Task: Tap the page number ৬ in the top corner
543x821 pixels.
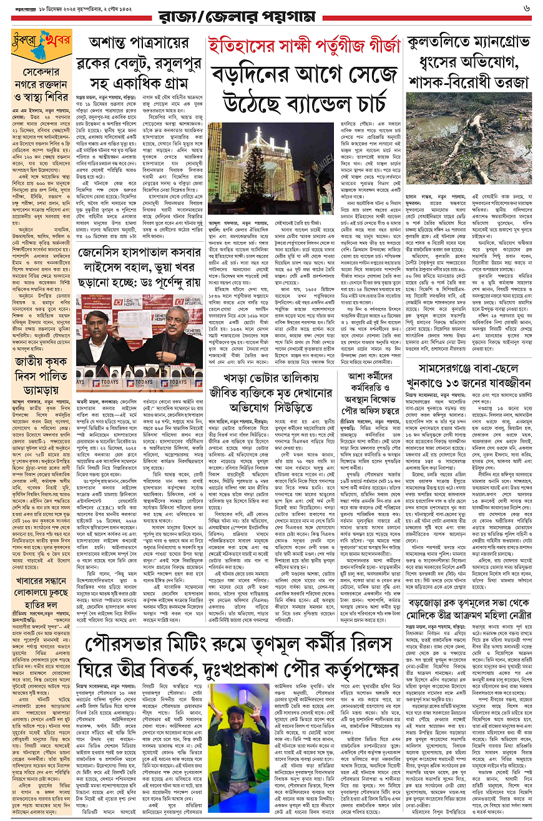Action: click(x=527, y=9)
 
